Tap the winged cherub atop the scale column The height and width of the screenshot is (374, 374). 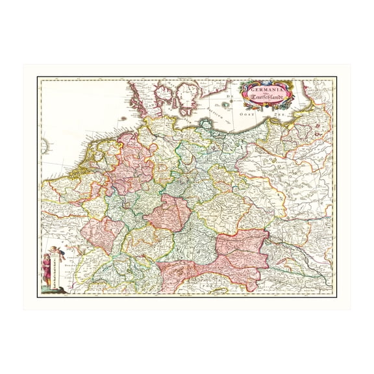[57, 251]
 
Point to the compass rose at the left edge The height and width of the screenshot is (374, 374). [43, 147]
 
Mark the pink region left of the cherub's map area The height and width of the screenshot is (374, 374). [101, 234]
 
